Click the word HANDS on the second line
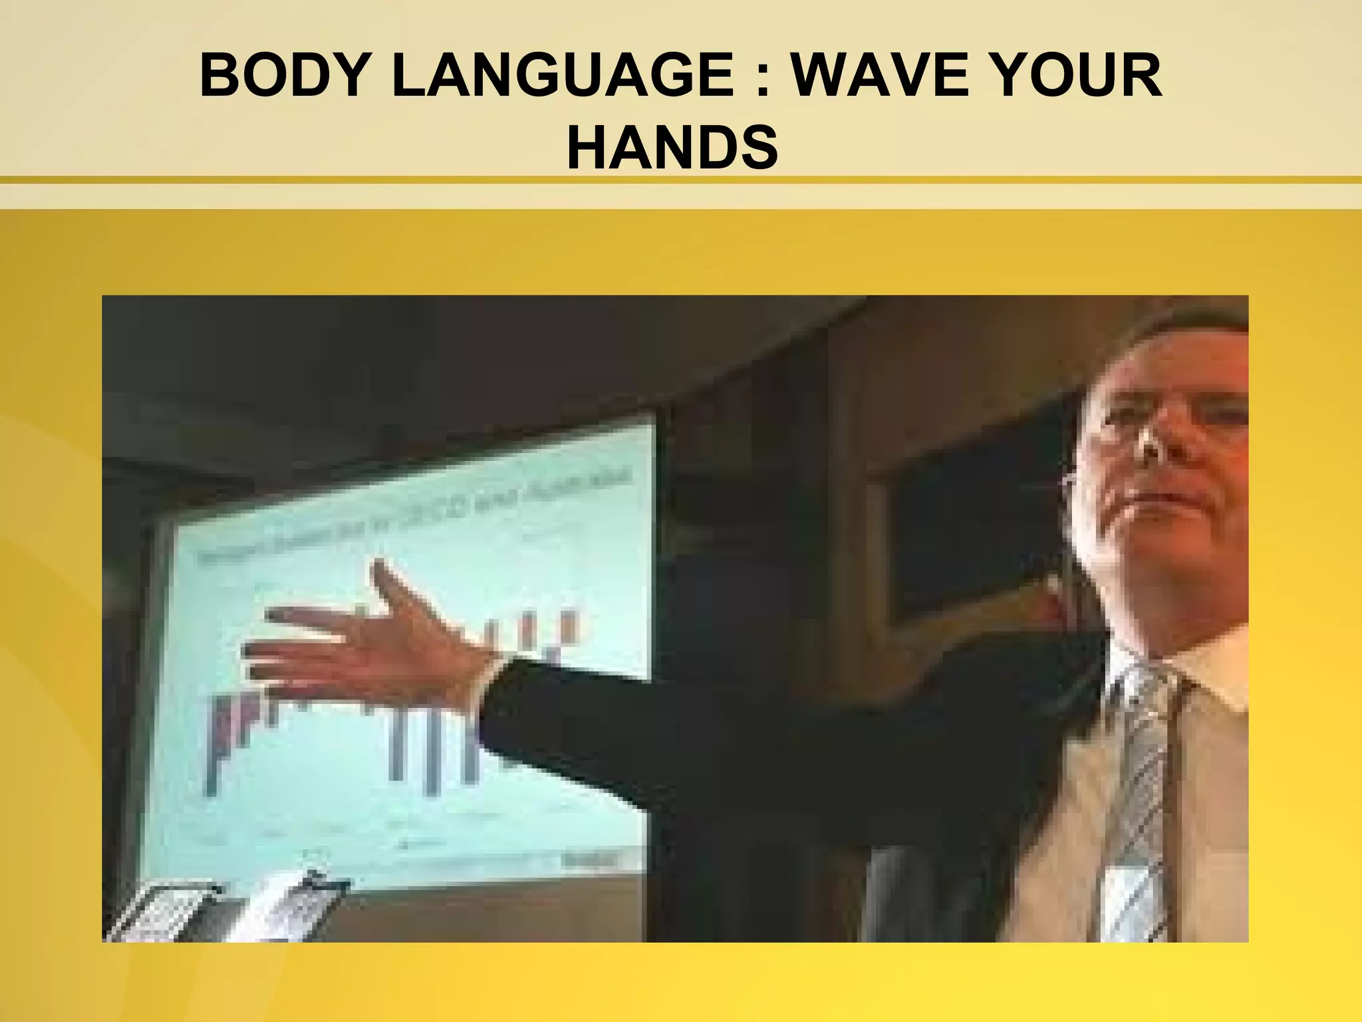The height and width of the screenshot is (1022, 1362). [672, 148]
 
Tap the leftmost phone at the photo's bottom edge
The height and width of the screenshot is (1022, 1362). [166, 912]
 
